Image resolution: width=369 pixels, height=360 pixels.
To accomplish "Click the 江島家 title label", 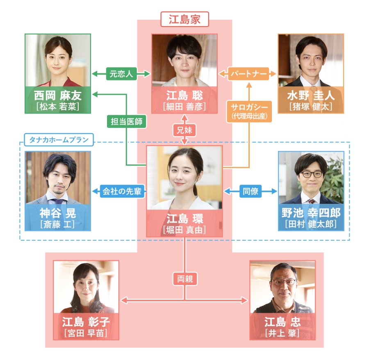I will point(184,19).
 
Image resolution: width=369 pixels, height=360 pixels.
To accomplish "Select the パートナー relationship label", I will point(248,74).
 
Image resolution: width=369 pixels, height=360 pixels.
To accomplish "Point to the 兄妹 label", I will point(184,131).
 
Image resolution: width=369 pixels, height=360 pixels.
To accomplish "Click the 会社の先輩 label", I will point(123,191).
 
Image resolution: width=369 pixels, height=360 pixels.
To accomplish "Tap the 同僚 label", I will point(251,191).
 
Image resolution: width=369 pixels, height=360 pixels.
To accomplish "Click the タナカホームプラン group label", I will point(59,140).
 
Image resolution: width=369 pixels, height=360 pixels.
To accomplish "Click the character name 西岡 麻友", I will point(58,96).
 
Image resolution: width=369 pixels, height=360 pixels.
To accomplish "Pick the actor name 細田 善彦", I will point(184,107).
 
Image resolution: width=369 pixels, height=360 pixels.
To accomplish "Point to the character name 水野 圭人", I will point(311,96).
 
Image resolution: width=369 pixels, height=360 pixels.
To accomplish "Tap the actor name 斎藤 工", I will point(58,224).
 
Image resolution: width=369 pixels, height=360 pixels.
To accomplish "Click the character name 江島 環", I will point(184,218).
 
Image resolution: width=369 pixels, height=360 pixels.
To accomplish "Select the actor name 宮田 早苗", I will point(86,332).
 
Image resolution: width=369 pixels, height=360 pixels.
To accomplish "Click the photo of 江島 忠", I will point(282,287).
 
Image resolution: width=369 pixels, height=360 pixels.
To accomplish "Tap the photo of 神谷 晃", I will point(58,177).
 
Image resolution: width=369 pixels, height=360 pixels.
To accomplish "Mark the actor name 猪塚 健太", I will point(311,107).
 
